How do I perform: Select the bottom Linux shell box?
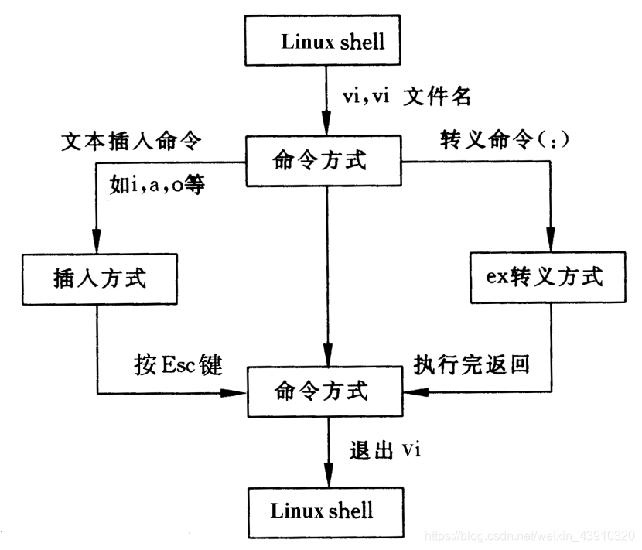[325, 511]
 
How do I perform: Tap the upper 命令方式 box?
[325, 162]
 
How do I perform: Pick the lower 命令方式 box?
[325, 391]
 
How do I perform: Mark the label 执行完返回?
[472, 364]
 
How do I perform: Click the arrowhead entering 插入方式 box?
[96, 241]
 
